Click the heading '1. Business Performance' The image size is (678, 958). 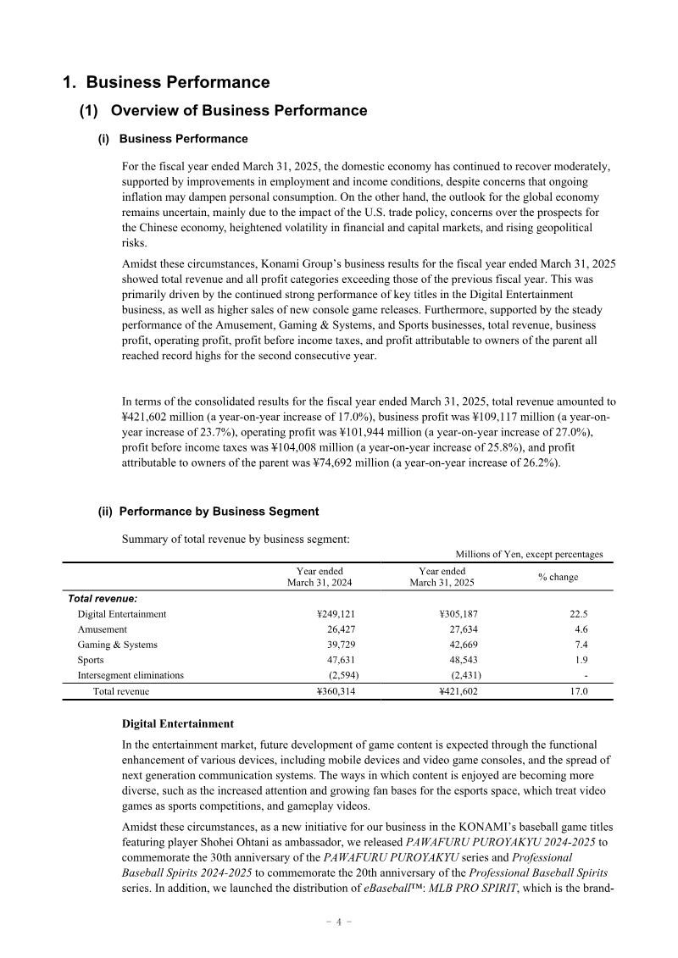[x=166, y=82]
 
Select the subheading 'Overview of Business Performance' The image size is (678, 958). [x=239, y=111]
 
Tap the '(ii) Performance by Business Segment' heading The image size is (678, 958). [x=208, y=512]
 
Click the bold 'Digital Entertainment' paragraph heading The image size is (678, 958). [x=178, y=724]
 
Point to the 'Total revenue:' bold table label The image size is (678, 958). [x=103, y=598]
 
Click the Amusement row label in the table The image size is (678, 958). [x=102, y=629]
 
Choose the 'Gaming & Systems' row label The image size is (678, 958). [x=117, y=645]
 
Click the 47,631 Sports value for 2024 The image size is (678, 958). [x=336, y=660]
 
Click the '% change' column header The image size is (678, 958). [x=558, y=577]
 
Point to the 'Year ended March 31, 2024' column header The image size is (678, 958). [x=320, y=577]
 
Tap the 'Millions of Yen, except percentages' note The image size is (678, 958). [x=529, y=554]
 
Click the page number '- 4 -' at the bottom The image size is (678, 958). [x=339, y=922]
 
